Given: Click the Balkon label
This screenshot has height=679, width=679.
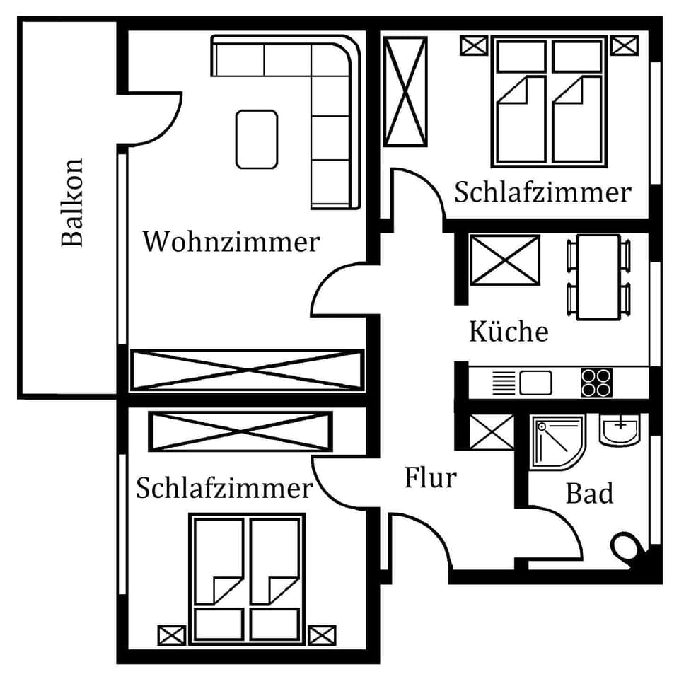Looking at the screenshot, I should [x=72, y=202].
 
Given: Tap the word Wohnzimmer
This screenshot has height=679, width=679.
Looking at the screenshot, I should [x=231, y=242].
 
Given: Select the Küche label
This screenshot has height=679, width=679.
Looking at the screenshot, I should [x=509, y=331].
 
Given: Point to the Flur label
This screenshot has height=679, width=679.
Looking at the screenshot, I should [x=430, y=478].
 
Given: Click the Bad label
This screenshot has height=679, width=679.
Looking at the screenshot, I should [x=589, y=494].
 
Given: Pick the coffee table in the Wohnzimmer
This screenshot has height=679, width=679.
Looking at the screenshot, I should [x=257, y=139].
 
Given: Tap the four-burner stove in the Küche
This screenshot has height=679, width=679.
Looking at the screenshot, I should [x=596, y=383].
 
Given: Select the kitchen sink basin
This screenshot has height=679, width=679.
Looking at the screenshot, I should [x=535, y=383].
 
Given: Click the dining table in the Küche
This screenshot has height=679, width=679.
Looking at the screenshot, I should [x=598, y=277].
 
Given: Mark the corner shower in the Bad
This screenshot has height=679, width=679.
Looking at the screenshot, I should [x=557, y=441].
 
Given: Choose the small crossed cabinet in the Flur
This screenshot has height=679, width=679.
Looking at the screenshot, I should [x=492, y=431].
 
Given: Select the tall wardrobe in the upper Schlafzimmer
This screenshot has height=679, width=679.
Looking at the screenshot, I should [x=405, y=91].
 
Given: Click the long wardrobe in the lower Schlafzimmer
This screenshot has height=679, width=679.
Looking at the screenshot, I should [x=240, y=431].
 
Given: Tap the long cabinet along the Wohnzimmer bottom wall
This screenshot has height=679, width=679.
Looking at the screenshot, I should [x=246, y=369].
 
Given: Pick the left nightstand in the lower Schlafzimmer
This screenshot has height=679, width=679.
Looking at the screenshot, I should [x=171, y=634].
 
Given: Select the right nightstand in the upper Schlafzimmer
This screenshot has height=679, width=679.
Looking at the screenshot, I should [x=625, y=46].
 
